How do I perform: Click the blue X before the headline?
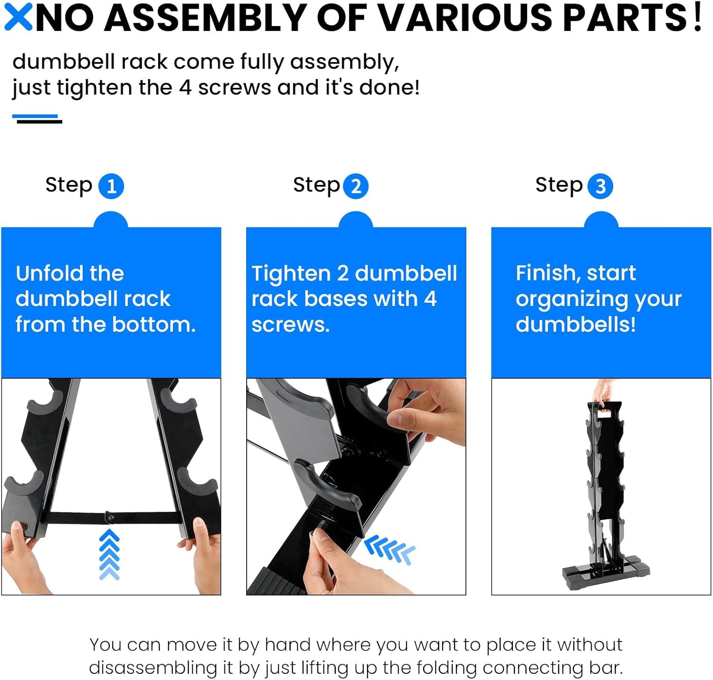[18, 17]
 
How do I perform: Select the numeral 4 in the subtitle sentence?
[185, 87]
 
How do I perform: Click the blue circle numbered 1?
[111, 186]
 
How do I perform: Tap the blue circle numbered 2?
[356, 186]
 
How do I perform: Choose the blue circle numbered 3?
[600, 186]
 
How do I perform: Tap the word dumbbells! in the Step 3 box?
[576, 324]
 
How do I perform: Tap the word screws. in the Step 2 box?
[290, 325]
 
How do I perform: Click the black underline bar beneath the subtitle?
[39, 122]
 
